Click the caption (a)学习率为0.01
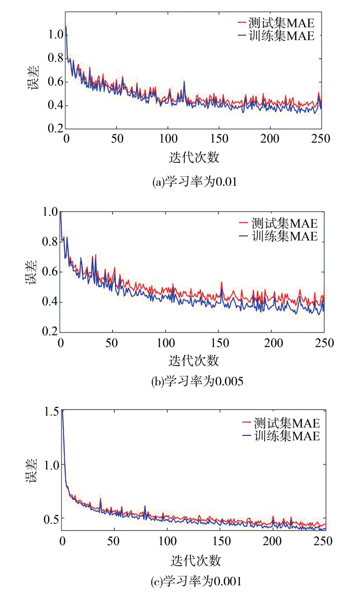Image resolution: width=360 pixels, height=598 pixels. point(195,182)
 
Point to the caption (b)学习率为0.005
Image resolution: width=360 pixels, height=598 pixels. point(197,381)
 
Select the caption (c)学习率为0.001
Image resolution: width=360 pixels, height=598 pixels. point(196,581)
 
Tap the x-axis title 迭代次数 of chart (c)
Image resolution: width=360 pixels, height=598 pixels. point(196,560)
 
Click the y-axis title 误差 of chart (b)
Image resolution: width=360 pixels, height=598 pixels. point(31,273)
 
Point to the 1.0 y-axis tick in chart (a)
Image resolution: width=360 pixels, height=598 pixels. point(56,35)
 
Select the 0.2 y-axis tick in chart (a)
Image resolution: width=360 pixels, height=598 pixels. point(56,128)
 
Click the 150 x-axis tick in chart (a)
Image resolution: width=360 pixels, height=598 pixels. point(219,139)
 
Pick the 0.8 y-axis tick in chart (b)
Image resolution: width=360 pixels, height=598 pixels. point(50,241)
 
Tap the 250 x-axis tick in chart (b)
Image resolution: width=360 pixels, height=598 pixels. point(324,343)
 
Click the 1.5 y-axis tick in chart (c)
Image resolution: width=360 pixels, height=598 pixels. point(52,411)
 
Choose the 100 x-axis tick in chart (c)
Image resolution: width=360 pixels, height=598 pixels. point(167,541)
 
